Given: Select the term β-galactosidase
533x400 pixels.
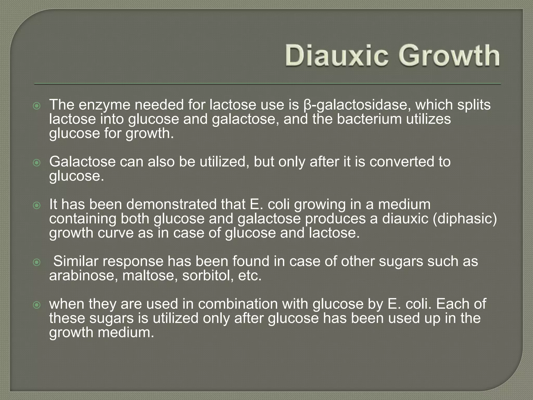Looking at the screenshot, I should tap(357, 105).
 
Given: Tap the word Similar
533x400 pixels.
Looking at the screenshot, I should tap(76, 261).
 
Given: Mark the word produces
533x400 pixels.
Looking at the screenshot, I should tap(340, 218).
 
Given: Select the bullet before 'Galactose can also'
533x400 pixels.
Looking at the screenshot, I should tap(37, 163).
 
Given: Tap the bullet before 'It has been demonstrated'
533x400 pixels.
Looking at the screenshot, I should tap(37, 206).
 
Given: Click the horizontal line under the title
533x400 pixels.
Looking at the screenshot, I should tap(268, 84).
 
